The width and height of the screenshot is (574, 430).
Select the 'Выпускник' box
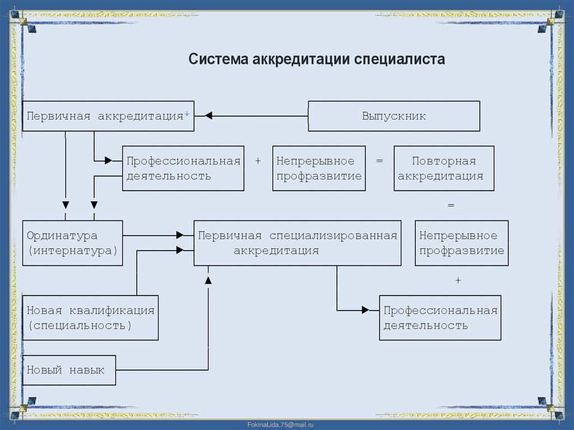[x=394, y=116]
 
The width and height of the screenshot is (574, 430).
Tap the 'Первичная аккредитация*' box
[x=108, y=116]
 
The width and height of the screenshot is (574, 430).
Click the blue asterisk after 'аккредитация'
[x=187, y=115]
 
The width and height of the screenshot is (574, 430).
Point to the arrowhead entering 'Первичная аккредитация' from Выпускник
[x=208, y=116]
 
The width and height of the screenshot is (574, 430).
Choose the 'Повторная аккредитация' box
[x=443, y=168]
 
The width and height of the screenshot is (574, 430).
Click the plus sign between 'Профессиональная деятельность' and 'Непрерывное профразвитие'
[x=258, y=161]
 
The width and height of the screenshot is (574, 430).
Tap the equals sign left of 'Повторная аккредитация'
[x=379, y=161]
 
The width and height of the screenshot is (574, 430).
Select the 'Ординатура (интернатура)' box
[x=72, y=243]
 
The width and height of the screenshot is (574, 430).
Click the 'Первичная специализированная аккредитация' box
[x=297, y=243]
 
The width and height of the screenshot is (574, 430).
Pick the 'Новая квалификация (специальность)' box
[x=90, y=317]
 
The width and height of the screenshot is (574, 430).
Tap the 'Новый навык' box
[x=69, y=370]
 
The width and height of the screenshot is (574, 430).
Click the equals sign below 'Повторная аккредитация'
[x=451, y=206]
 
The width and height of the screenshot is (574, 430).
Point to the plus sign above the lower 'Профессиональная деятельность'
[x=457, y=280]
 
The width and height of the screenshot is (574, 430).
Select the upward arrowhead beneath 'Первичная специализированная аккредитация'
[x=208, y=279]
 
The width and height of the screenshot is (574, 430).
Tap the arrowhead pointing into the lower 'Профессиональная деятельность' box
[x=365, y=310]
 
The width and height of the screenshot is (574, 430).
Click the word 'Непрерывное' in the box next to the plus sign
[x=315, y=161]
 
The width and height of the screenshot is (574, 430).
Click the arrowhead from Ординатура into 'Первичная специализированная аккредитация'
[x=179, y=235]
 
